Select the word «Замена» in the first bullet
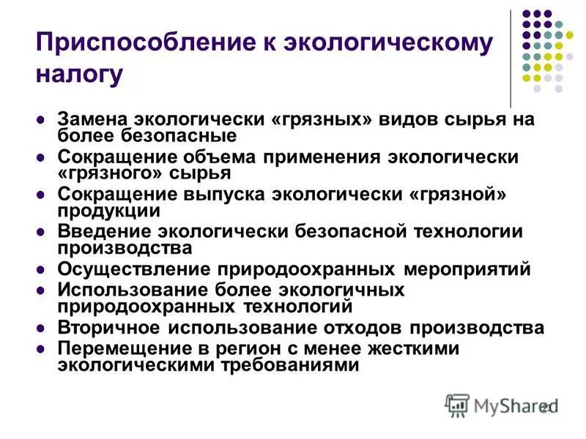pos(91,120)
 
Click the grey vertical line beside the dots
pos(511,59)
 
